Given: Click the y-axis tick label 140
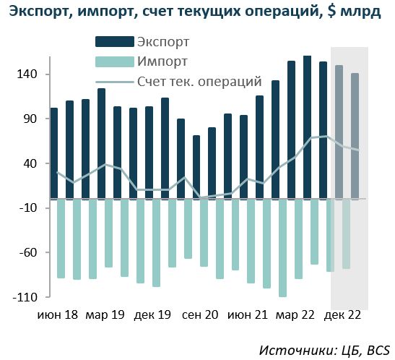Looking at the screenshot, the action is [27, 74].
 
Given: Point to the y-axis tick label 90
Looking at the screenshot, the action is [30, 119].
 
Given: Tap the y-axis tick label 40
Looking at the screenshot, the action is [30, 163].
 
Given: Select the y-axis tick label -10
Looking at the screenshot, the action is [28, 208].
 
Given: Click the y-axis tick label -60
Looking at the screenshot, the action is [28, 252].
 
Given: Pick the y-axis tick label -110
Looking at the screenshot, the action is [25, 297].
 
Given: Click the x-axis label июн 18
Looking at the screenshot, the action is [58, 315].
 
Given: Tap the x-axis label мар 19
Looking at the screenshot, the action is [105, 315].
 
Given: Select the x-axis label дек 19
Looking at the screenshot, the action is [152, 315].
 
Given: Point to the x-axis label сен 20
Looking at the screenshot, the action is [200, 315].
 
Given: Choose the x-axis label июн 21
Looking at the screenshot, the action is [248, 315].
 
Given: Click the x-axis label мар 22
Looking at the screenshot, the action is [295, 315].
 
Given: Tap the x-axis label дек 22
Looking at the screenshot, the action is [342, 315].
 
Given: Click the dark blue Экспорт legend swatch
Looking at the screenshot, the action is [115, 42].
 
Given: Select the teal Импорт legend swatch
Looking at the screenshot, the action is [115, 61].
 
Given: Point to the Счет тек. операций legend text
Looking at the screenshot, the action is [199, 82].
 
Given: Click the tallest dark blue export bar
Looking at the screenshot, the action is [307, 127].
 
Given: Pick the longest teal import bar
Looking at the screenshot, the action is [283, 248].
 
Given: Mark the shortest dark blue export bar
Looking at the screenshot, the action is [196, 167].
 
